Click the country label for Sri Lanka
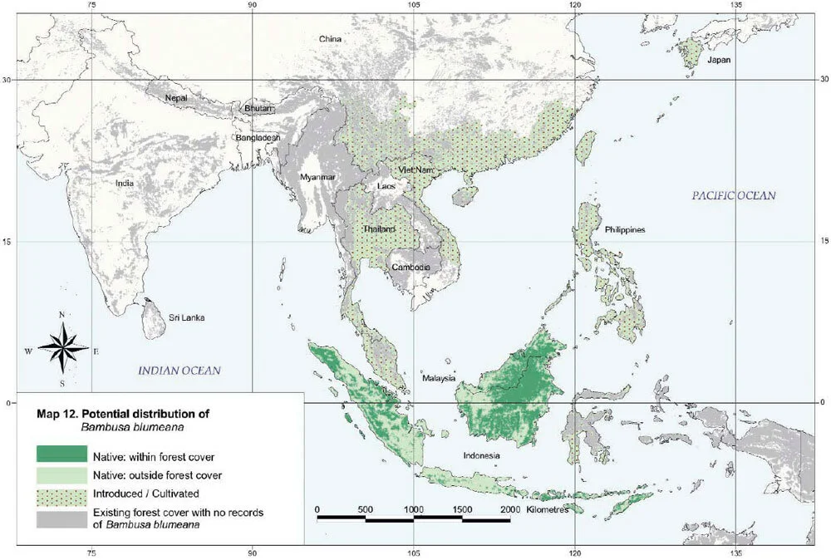click(187, 317)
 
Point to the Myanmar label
click(317, 178)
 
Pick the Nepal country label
click(176, 98)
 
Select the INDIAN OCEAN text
click(179, 371)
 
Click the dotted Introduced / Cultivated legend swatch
click(61, 494)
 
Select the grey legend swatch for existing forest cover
click(61, 518)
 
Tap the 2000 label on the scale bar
click(510, 508)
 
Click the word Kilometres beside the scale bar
click(548, 509)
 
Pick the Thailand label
click(379, 229)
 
